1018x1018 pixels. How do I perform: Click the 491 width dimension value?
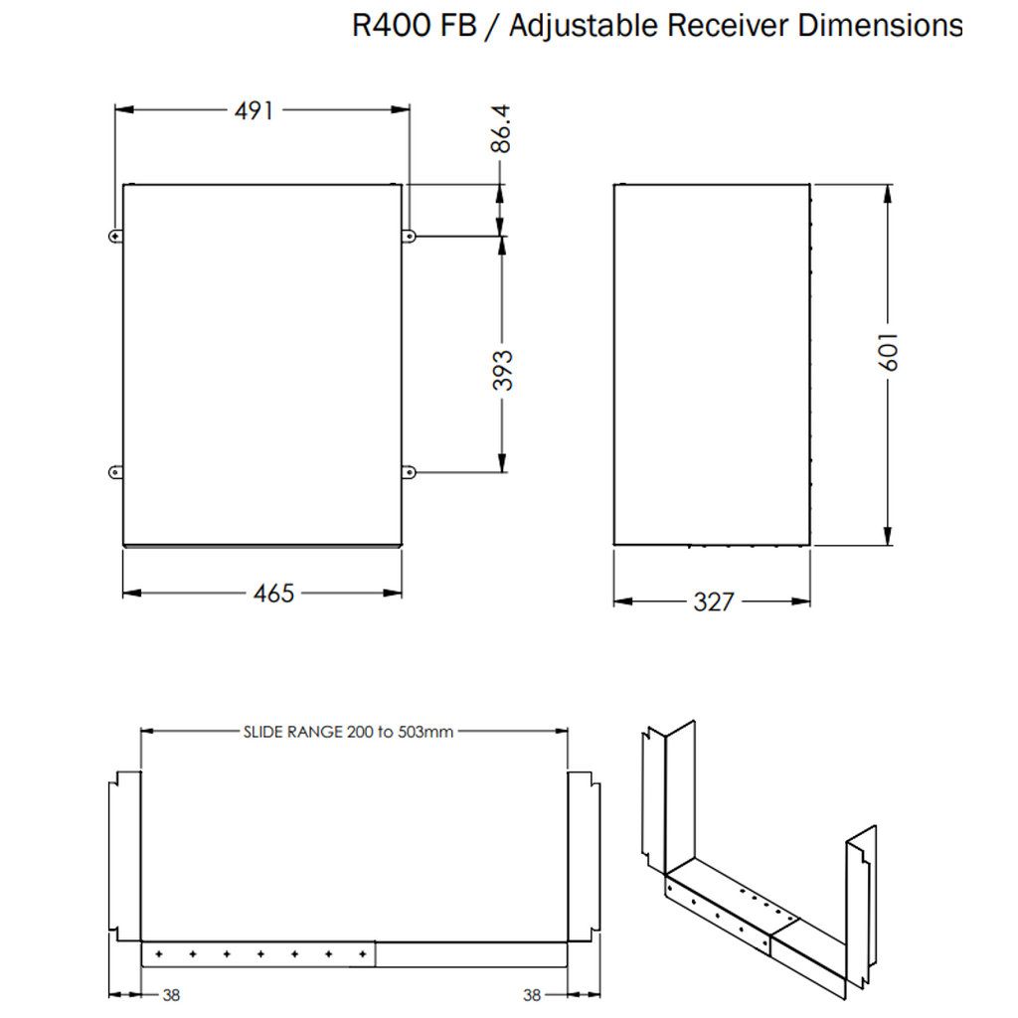point(254,110)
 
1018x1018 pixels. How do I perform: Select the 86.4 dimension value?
point(501,130)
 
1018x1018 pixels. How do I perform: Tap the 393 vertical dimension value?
point(503,370)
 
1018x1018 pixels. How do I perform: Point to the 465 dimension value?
point(273,594)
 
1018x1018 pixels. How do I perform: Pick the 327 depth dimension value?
point(713,601)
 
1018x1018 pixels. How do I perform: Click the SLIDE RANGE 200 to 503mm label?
point(348,733)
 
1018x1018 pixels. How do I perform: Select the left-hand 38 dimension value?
point(171,994)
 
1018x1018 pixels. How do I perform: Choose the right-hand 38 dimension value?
point(532,994)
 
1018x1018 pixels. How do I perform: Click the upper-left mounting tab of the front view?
point(115,236)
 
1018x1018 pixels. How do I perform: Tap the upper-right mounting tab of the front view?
point(409,236)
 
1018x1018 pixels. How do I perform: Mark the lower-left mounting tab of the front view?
point(115,471)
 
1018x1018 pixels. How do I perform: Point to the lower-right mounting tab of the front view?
point(409,471)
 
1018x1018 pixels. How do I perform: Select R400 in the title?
point(390,25)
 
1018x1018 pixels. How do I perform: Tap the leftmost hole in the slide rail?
point(158,954)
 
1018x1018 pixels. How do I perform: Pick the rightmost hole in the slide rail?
point(362,954)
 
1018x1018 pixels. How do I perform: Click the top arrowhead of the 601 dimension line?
point(888,193)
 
